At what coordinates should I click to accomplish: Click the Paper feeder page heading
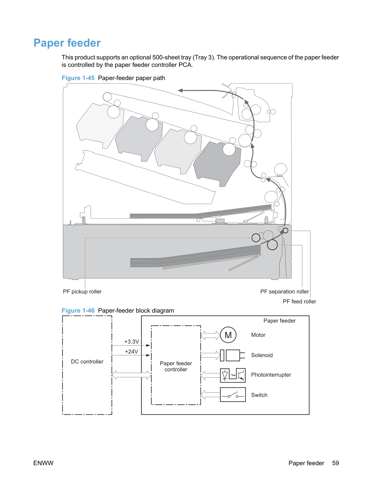click(67, 43)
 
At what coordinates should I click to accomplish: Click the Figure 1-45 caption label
click(78, 78)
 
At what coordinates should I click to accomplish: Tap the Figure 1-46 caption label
click(78, 310)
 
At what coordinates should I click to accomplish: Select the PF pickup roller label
click(82, 291)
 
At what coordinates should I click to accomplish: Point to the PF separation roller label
click(285, 291)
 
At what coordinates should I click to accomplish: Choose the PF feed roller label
click(299, 302)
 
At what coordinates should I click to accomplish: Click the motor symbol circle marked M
click(228, 335)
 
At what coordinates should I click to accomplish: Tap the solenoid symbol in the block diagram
click(232, 355)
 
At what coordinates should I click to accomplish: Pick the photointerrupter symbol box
click(233, 376)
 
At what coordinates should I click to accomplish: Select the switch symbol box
click(233, 395)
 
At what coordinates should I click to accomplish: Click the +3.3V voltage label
click(131, 341)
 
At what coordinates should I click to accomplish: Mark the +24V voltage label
click(131, 351)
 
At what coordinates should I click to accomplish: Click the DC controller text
click(87, 362)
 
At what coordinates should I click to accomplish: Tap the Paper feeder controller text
click(176, 366)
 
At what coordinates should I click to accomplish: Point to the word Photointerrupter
click(271, 375)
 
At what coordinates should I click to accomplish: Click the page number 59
click(335, 463)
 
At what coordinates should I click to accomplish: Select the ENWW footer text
click(43, 463)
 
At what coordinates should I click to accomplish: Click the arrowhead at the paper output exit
click(180, 90)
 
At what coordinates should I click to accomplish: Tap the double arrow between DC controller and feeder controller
click(131, 375)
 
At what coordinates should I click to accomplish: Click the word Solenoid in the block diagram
click(262, 355)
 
